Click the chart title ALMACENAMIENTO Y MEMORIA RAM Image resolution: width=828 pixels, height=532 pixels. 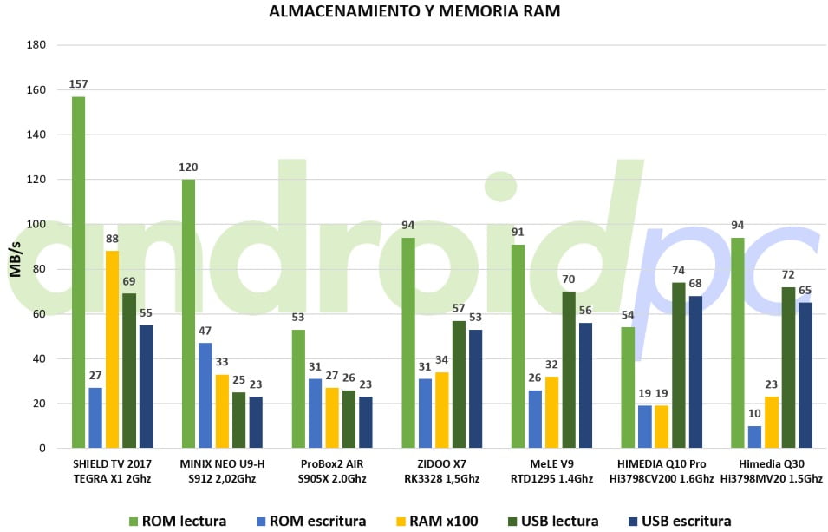click(414, 12)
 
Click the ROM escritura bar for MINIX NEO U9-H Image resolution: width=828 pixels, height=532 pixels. click(205, 395)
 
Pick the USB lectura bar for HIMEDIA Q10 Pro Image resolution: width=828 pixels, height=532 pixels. click(678, 365)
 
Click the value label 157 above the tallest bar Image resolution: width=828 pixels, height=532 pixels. click(79, 84)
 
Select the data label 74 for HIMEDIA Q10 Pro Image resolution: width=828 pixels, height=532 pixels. click(678, 271)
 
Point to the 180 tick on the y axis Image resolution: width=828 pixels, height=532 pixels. click(37, 44)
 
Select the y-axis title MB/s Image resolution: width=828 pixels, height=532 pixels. click(15, 254)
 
